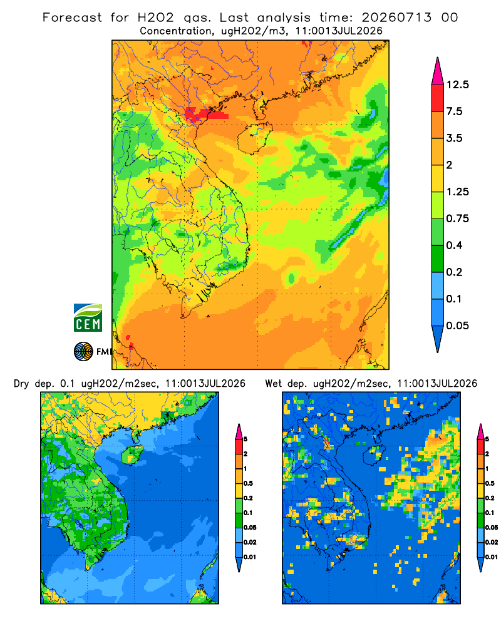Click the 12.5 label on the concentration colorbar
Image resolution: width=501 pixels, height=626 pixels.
(x=457, y=85)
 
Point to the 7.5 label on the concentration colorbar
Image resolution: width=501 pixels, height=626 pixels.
(x=454, y=111)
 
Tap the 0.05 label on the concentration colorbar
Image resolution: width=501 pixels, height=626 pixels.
(x=457, y=326)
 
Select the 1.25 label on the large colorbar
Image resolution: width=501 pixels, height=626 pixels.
(x=457, y=192)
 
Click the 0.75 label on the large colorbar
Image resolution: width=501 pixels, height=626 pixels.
(x=457, y=218)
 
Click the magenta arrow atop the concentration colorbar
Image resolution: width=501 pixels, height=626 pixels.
(x=438, y=72)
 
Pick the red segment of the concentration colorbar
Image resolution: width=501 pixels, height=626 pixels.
(x=438, y=98)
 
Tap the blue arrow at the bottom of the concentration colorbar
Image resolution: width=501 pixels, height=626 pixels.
(x=438, y=339)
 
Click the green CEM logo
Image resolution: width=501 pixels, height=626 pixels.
(x=88, y=318)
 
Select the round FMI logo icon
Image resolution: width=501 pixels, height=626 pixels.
(x=83, y=352)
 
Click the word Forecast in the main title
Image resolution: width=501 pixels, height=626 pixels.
(x=72, y=18)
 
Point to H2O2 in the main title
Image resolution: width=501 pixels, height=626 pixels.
(x=155, y=18)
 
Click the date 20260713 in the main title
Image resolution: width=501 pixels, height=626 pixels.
(x=396, y=18)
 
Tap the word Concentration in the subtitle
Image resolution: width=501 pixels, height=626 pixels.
(x=176, y=31)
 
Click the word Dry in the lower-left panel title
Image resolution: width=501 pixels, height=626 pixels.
(x=21, y=384)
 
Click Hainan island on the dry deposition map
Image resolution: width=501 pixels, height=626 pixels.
(x=132, y=454)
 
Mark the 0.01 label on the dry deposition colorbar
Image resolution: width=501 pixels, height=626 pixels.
(x=250, y=557)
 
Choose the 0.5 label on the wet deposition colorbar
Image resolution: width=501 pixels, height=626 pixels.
(x=489, y=483)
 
